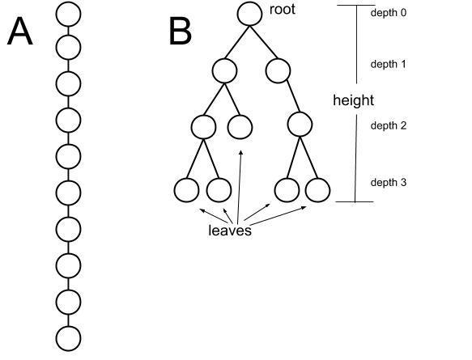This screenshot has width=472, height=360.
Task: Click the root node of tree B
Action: [249, 14]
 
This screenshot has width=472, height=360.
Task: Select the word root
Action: [282, 10]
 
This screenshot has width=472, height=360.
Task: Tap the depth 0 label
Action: [389, 13]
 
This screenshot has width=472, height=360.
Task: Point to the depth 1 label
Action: [389, 65]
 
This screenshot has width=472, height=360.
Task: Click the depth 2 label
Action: [389, 125]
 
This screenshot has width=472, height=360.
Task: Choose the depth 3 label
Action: [389, 183]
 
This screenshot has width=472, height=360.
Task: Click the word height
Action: [354, 100]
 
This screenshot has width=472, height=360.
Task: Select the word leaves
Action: [230, 231]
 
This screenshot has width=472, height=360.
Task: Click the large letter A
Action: [20, 31]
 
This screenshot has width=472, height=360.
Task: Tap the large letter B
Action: [180, 31]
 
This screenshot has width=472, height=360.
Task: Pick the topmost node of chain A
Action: [68, 14]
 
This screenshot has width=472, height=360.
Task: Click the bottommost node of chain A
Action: [68, 338]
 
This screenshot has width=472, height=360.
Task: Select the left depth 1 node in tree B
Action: [224, 71]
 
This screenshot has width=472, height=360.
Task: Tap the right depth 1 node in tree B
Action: [279, 71]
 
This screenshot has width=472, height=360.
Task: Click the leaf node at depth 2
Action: [240, 127]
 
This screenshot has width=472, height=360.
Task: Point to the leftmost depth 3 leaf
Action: [187, 190]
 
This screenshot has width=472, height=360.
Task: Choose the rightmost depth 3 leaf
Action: [317, 190]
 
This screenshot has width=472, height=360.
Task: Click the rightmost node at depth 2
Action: [300, 125]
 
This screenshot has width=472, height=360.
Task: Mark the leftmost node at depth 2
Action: [203, 127]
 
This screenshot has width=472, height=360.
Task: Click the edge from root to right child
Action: [263, 42]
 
